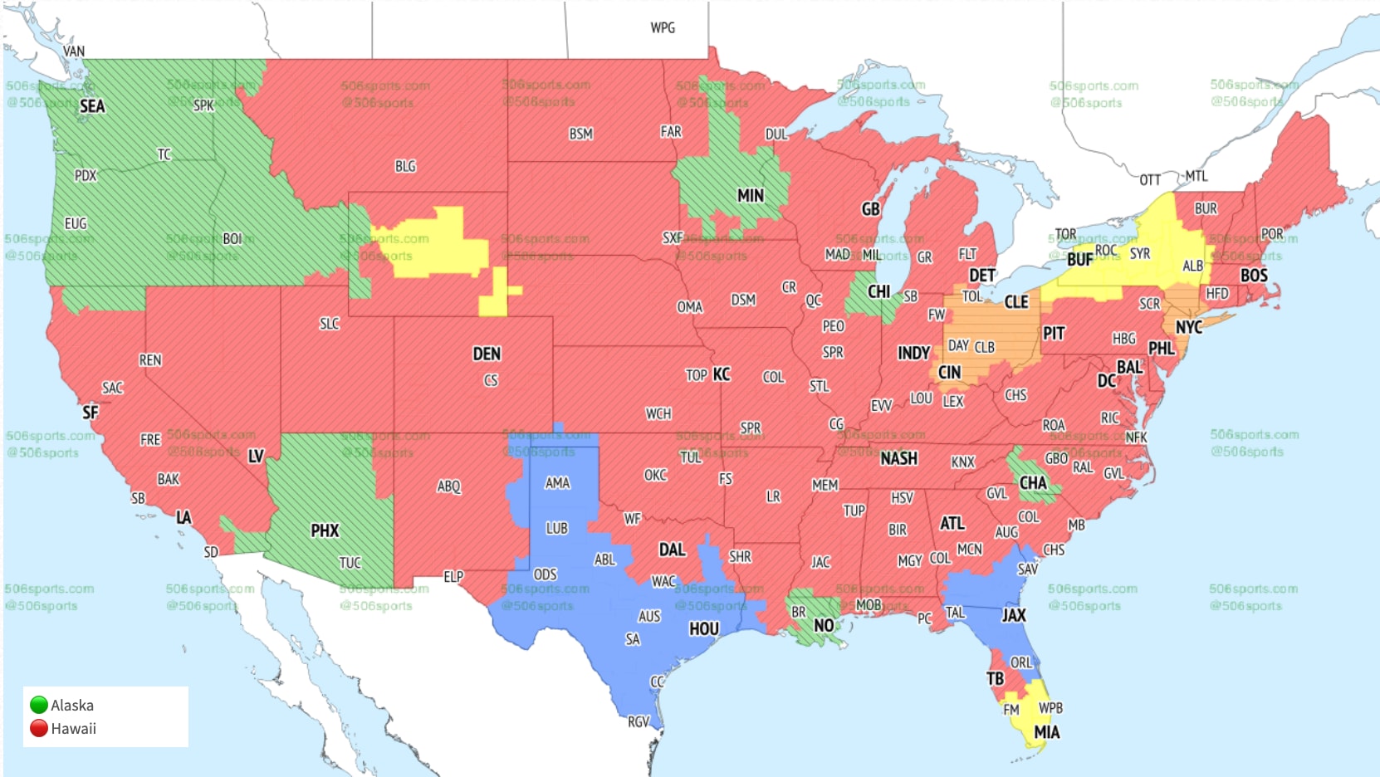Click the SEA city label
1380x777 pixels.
(x=92, y=106)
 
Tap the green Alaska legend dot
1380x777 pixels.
(x=38, y=705)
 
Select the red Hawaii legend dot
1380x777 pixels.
(x=38, y=728)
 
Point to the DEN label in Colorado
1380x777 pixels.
(x=487, y=354)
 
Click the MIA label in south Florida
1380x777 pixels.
(x=1046, y=732)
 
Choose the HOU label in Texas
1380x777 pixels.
(x=703, y=629)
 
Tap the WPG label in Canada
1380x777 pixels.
(x=663, y=28)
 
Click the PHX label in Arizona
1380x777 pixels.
(x=325, y=530)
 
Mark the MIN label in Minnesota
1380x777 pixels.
(x=750, y=196)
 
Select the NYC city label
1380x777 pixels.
(x=1188, y=327)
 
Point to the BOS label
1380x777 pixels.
(x=1254, y=276)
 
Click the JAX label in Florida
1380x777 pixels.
(x=1013, y=615)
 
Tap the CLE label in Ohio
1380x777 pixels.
(x=1016, y=302)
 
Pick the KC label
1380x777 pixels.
(x=722, y=374)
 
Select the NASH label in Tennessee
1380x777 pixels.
(x=898, y=458)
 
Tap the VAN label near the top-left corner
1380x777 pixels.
(x=74, y=51)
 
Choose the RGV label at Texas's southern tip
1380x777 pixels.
(x=638, y=722)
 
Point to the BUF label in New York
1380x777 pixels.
(x=1079, y=260)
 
